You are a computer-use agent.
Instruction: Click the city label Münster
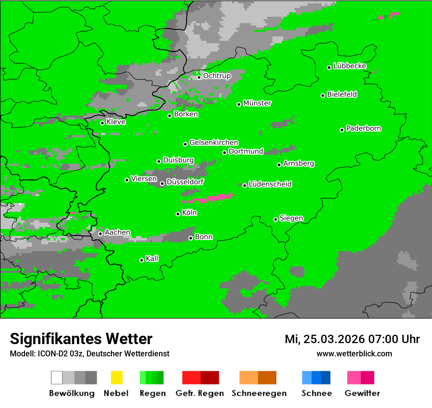[257, 103]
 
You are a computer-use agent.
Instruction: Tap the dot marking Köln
[178, 214]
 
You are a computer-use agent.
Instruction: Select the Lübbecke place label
[350, 66]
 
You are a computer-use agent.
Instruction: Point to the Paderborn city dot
[342, 130]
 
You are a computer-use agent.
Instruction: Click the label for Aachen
[117, 233]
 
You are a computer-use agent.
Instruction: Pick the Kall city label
[152, 259]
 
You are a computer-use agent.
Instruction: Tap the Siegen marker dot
[276, 219]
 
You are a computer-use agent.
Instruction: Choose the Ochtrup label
[217, 76]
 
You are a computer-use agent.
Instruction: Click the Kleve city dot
[103, 123]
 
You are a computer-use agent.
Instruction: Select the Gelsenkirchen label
[214, 143]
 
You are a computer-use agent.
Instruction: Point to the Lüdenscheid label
[270, 184]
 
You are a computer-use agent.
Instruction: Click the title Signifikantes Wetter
[81, 339]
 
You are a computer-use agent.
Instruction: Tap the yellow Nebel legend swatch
[116, 378]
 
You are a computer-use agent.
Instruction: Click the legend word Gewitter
[362, 393]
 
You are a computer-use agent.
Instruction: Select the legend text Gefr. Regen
[200, 393]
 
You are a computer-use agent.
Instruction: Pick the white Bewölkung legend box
[57, 378]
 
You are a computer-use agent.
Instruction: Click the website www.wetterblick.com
[354, 353]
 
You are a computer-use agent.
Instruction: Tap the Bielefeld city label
[342, 94]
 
